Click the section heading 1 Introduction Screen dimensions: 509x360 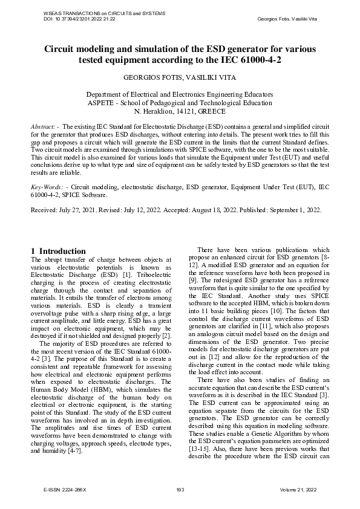[x=58, y=251]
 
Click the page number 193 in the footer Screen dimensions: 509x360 [x=180, y=488]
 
